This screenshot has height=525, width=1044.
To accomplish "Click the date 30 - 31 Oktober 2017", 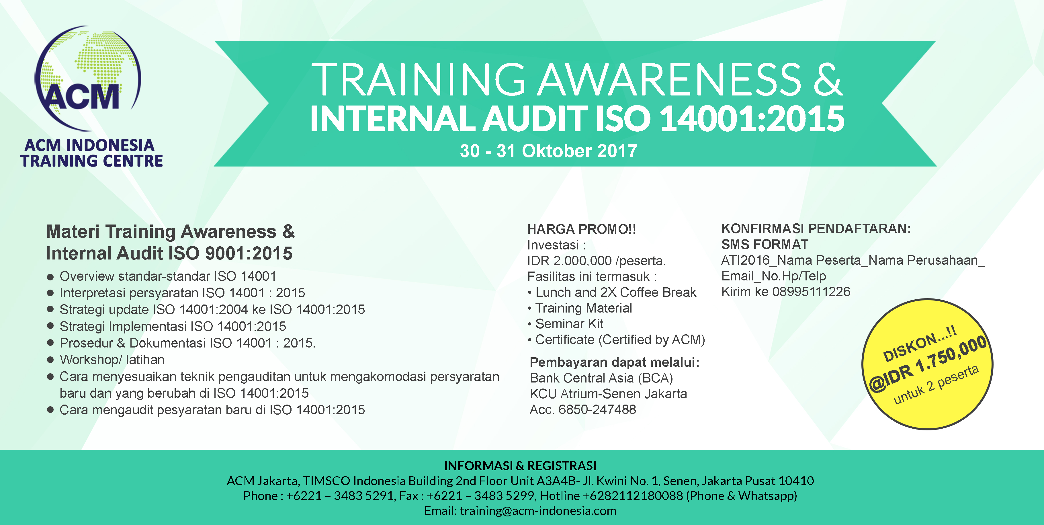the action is tap(548, 151).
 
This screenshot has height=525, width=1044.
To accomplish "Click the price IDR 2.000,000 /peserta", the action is tap(597, 261).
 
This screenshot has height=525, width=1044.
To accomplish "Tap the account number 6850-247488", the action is tap(597, 409).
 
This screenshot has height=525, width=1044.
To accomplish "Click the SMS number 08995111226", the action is tap(811, 292).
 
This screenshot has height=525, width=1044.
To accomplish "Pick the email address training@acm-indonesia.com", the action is tap(538, 511).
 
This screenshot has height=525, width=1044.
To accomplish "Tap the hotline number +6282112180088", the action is tap(633, 496).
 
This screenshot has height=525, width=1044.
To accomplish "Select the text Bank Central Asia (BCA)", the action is tap(601, 378).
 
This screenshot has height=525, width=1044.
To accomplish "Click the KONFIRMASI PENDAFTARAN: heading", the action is tap(816, 229).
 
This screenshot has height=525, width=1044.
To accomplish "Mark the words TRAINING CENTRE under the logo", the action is tap(92, 161).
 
